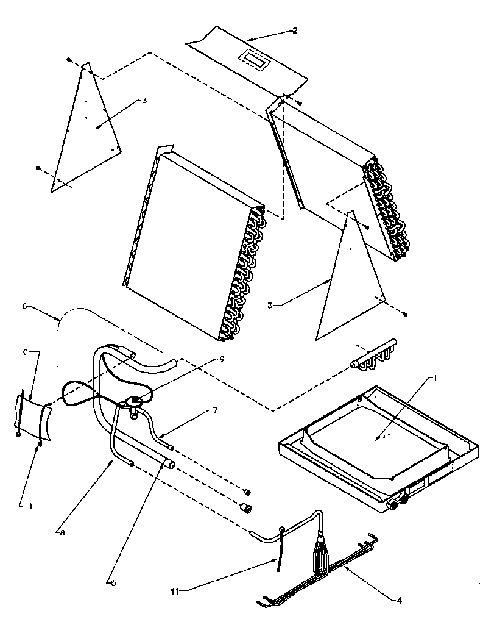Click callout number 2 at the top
[295, 30]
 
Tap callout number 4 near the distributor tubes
[399, 600]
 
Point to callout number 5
[113, 582]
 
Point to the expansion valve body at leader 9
[134, 403]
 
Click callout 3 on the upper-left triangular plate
[144, 101]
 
